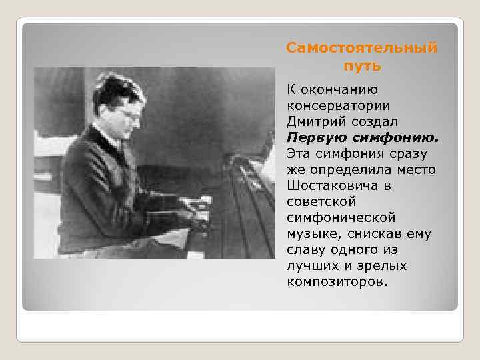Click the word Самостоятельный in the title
(362, 49)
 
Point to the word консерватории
(338, 105)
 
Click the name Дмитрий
(315, 121)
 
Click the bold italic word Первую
(316, 137)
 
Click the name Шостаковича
(329, 185)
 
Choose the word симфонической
(341, 217)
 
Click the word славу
(306, 249)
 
